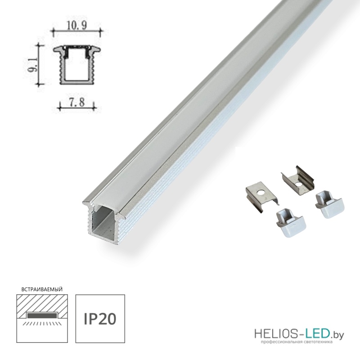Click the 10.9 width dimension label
pyautogui.click(x=77, y=26)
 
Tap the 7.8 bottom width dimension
pyautogui.click(x=77, y=102)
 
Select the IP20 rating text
pyautogui.click(x=100, y=319)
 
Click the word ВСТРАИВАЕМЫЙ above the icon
pyautogui.click(x=42, y=289)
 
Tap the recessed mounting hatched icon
pyautogui.click(x=42, y=319)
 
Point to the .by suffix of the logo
pyautogui.click(x=337, y=335)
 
